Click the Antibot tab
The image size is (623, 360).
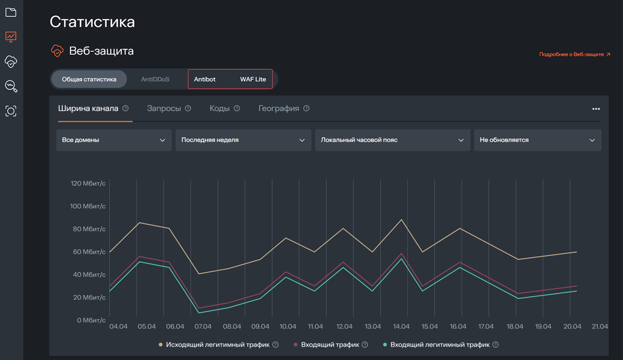[205, 79]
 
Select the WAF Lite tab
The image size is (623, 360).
[253, 79]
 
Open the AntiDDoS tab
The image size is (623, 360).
[155, 79]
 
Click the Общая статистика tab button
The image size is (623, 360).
[89, 79]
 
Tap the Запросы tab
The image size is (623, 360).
[164, 108]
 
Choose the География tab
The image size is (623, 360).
[279, 108]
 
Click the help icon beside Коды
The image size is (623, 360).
[237, 108]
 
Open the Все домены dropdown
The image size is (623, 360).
[114, 140]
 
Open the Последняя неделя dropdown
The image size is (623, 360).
[243, 140]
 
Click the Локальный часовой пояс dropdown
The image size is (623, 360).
[392, 140]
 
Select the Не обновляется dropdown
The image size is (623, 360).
[538, 140]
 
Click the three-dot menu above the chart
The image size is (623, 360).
[596, 109]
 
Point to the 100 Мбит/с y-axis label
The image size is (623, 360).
[88, 206]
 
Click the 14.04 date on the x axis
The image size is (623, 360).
[401, 326]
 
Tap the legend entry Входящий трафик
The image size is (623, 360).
[330, 345]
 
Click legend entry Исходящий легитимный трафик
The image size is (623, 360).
[218, 345]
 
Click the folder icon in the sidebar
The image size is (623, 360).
[11, 13]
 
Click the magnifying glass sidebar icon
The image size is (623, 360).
[11, 86]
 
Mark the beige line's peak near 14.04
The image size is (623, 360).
[401, 220]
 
